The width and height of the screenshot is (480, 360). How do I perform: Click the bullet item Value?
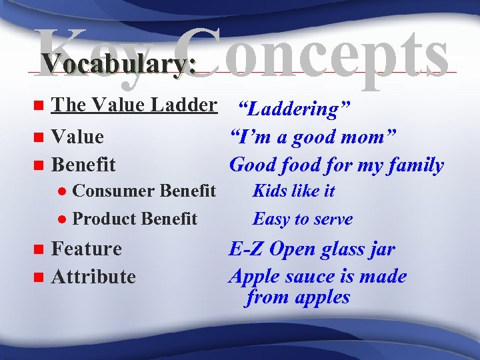(x=77, y=137)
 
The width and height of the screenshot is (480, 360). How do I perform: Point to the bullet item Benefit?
(x=83, y=164)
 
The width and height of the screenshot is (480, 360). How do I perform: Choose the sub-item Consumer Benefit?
(x=143, y=191)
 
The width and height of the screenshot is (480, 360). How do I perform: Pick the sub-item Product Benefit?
(x=134, y=219)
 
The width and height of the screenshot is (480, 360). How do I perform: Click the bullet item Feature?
(x=86, y=249)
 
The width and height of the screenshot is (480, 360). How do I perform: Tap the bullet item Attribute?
(x=93, y=277)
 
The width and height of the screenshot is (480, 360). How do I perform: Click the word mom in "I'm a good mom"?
(x=373, y=137)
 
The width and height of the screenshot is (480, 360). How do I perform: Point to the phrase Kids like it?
(x=293, y=191)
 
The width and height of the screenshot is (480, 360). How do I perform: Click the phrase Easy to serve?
(x=303, y=219)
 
